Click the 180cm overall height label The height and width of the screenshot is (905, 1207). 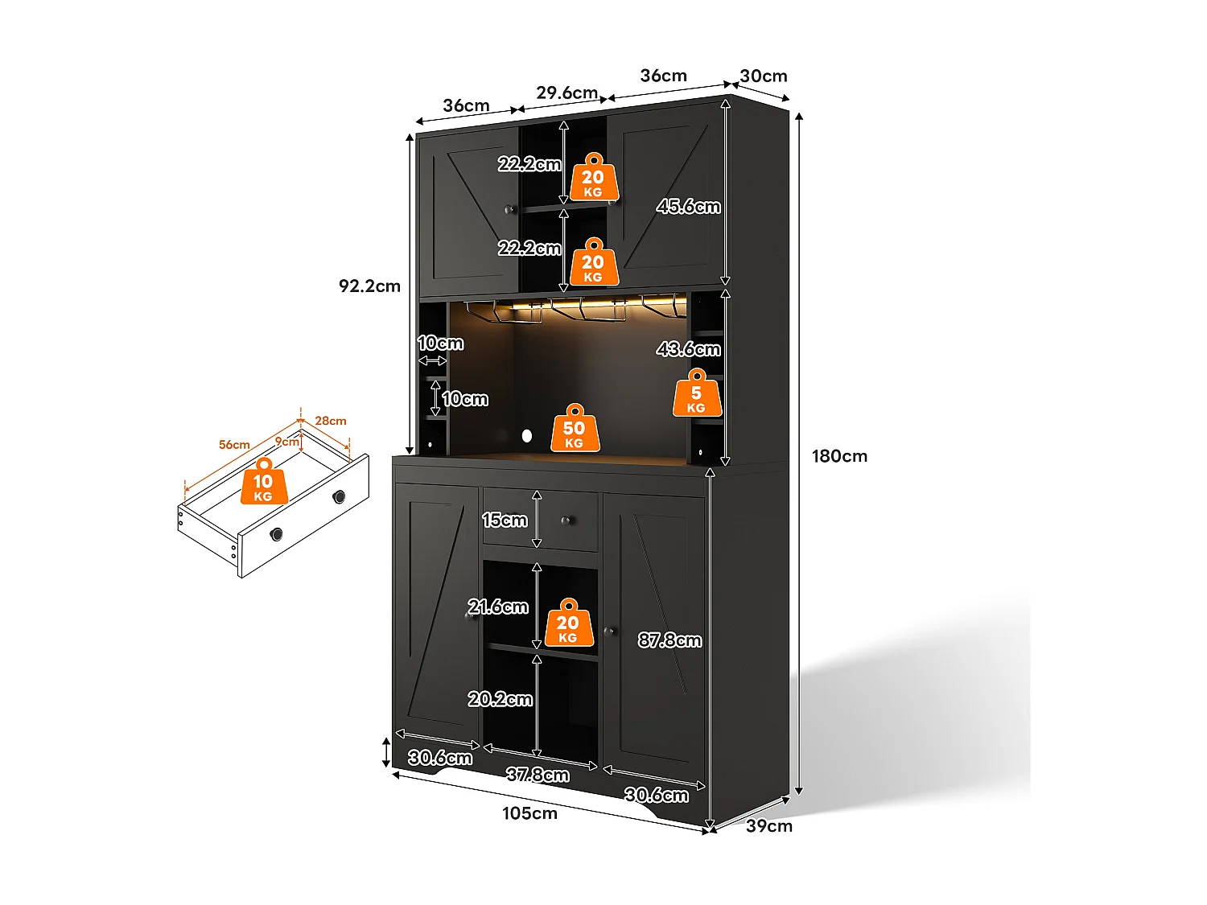click(839, 456)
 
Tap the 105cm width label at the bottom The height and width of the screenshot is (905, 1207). click(529, 813)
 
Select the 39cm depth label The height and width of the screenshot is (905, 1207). click(768, 826)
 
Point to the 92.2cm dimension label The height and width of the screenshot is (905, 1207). click(369, 286)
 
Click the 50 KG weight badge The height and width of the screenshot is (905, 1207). click(575, 430)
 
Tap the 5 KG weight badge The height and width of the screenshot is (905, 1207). click(696, 394)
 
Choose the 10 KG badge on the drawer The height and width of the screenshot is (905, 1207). click(263, 483)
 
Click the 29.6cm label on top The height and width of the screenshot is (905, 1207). click(566, 93)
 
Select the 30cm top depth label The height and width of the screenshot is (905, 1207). click(763, 76)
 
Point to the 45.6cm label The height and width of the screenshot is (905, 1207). click(688, 207)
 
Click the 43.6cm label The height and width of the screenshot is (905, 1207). click(688, 349)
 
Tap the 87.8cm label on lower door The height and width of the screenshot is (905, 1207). click(669, 640)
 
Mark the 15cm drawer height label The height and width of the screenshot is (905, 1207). click(505, 520)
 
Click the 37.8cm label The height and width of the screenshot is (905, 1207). click(538, 775)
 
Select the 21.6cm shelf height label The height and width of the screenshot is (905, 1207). click(498, 607)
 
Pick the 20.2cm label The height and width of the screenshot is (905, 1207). click(500, 700)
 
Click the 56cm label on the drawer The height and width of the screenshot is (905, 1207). click(234, 445)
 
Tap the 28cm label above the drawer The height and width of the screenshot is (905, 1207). click(330, 421)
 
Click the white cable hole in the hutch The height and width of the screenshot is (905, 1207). click(526, 436)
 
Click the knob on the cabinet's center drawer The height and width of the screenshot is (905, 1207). click(566, 521)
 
